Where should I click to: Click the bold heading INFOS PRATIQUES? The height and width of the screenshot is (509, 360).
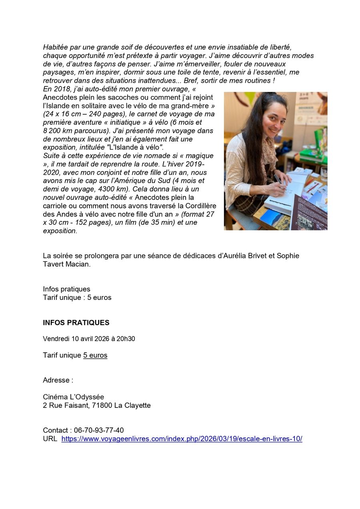(x=76, y=323)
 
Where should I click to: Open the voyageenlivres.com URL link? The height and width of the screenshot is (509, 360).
(x=182, y=439)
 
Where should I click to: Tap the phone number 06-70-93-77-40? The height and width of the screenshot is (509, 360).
(x=99, y=430)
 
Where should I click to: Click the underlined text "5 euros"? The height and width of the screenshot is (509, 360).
(x=95, y=355)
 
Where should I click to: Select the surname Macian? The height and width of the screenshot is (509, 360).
(x=76, y=264)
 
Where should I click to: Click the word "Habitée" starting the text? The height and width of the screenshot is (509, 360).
(x=56, y=47)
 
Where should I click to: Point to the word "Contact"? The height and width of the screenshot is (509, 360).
(x=55, y=430)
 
